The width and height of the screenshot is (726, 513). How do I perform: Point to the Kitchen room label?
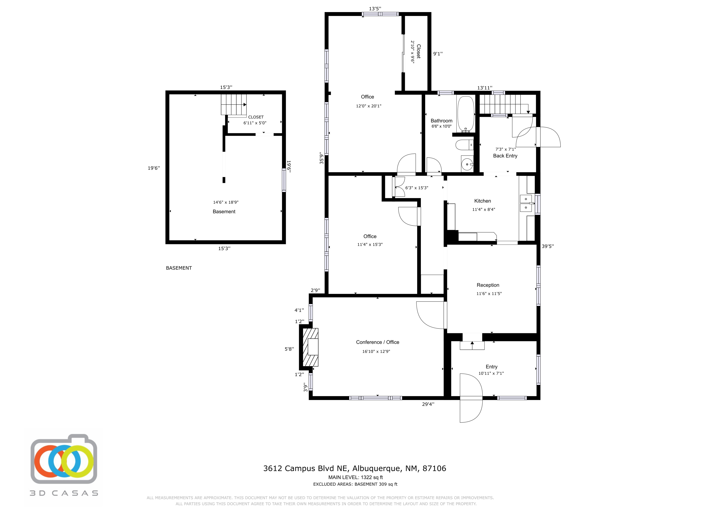[483, 201]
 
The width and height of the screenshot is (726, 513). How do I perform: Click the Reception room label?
[488, 285]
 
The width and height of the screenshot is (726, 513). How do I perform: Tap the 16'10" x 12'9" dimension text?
[376, 351]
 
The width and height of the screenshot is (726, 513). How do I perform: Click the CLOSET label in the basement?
[256, 117]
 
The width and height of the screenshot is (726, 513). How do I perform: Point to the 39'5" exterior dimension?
[548, 246]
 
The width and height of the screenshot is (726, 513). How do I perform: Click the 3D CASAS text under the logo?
[64, 493]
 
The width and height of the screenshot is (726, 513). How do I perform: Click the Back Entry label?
[505, 156]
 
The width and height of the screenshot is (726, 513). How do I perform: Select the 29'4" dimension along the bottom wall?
[428, 404]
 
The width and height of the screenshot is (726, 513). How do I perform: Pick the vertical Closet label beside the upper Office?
[419, 51]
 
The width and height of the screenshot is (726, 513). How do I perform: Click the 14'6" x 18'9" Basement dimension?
[226, 202]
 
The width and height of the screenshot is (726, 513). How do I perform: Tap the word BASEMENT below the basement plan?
[179, 268]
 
